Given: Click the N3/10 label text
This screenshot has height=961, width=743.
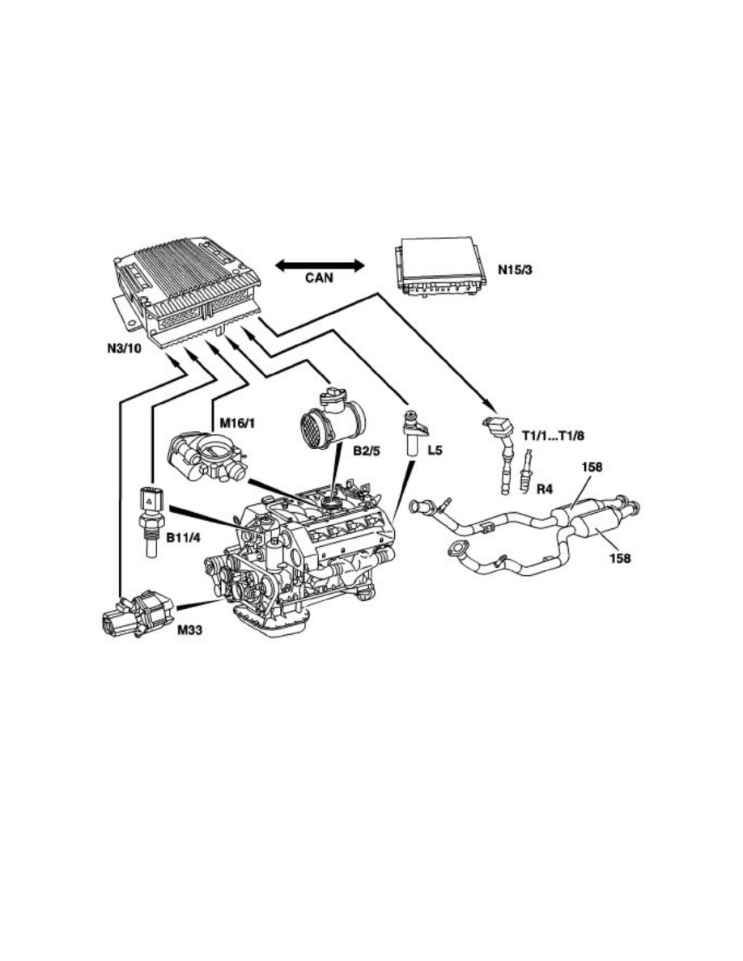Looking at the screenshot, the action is pos(125,349).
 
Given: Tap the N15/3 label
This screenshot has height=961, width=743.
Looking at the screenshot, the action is pos(515,269).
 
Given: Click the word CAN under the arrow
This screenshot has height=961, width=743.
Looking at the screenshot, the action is pos(320,277).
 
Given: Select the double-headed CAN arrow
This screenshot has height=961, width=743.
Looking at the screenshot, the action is pos(320,265).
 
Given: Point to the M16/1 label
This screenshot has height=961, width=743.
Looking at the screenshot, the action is pos(237,422).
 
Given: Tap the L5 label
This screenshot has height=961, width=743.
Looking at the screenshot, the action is pos(435,451).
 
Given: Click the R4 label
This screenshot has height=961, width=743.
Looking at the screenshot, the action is pos(545,489).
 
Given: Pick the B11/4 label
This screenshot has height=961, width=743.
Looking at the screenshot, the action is pos(184,537).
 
